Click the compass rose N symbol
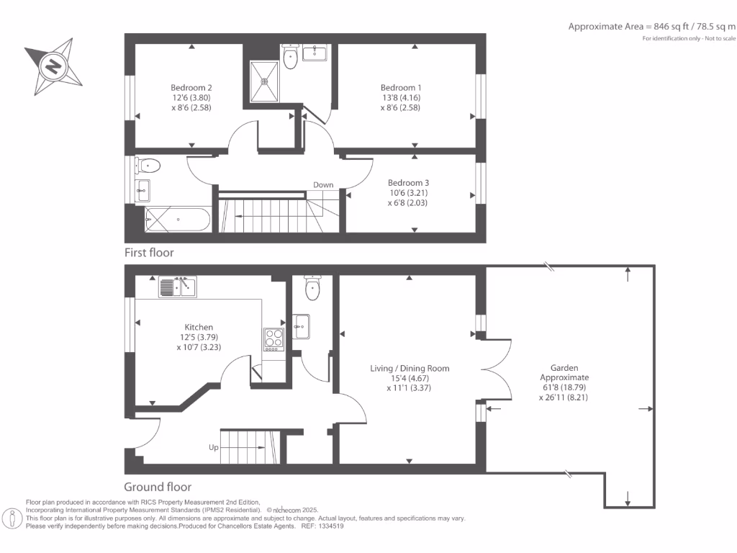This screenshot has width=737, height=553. tap(53, 66)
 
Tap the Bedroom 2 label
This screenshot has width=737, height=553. tap(191, 88)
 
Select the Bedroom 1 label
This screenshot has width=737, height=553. tap(401, 88)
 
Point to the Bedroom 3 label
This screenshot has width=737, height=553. tap(408, 183)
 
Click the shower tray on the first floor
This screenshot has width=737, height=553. tap(264, 81)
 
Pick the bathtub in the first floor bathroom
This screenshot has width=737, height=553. tap(178, 220)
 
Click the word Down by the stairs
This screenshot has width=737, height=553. tap(323, 185)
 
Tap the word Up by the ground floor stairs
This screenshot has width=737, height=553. tap(213, 447)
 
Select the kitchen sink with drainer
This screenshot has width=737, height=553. tap(177, 287)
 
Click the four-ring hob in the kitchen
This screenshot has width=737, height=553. tap(274, 339)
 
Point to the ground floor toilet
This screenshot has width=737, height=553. tap(312, 288)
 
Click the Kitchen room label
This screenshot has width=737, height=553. tap(199, 328)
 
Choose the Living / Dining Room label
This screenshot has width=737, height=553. tap(410, 369)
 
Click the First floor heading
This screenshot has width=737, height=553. tap(149, 253)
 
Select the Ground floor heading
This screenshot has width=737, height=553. tap(158, 487)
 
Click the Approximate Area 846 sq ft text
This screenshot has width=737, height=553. tap(652, 27)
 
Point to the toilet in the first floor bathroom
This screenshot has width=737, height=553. tap(148, 166)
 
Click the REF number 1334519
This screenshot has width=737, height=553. tap(331, 526)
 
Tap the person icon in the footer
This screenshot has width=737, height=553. tap(12, 519)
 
